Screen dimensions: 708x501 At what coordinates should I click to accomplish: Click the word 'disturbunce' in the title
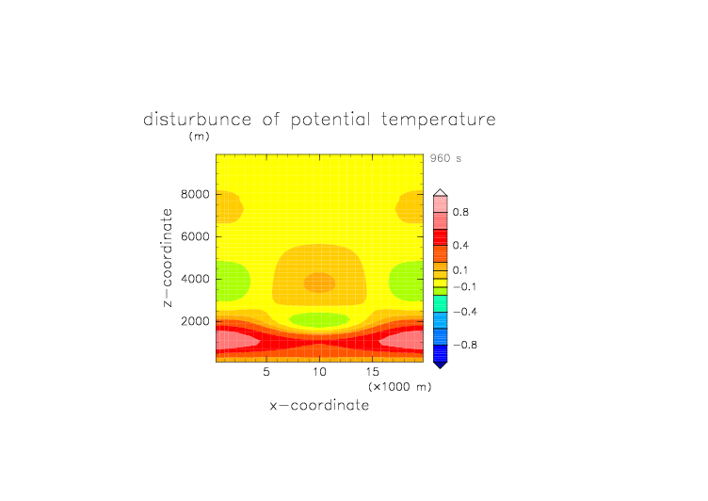[x=198, y=120]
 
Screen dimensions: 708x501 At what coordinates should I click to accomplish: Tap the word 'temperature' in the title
[x=439, y=121]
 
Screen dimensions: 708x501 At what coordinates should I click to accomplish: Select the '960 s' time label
[x=445, y=158]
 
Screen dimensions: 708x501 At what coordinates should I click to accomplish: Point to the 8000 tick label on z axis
[x=195, y=194]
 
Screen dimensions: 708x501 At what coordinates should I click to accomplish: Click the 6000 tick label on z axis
[x=195, y=236]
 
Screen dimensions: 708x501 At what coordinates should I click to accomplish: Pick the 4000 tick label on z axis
[x=195, y=279]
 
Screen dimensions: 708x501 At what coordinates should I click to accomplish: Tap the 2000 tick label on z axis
[x=195, y=321]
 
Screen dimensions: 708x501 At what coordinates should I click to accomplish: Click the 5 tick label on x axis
[x=266, y=372]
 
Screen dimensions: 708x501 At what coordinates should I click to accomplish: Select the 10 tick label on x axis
[x=320, y=372]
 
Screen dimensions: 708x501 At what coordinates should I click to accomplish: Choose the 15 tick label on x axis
[x=373, y=372]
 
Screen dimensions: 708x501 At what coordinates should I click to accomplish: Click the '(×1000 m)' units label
[x=400, y=387]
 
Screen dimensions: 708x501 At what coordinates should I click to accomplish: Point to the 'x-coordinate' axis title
[x=320, y=405]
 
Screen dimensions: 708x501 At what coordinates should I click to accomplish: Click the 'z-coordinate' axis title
[x=167, y=257]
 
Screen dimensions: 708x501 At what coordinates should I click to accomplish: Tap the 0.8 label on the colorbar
[x=460, y=212]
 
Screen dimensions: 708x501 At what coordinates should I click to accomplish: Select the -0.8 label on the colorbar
[x=465, y=345]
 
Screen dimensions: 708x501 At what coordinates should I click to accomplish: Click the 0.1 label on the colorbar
[x=460, y=270]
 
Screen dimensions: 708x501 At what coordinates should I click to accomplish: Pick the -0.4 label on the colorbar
[x=465, y=312]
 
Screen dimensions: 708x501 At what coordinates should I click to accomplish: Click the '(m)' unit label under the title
[x=200, y=136]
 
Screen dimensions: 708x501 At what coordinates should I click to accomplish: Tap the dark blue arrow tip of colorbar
[x=441, y=365]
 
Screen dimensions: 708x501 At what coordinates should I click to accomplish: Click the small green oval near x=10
[x=320, y=320]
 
